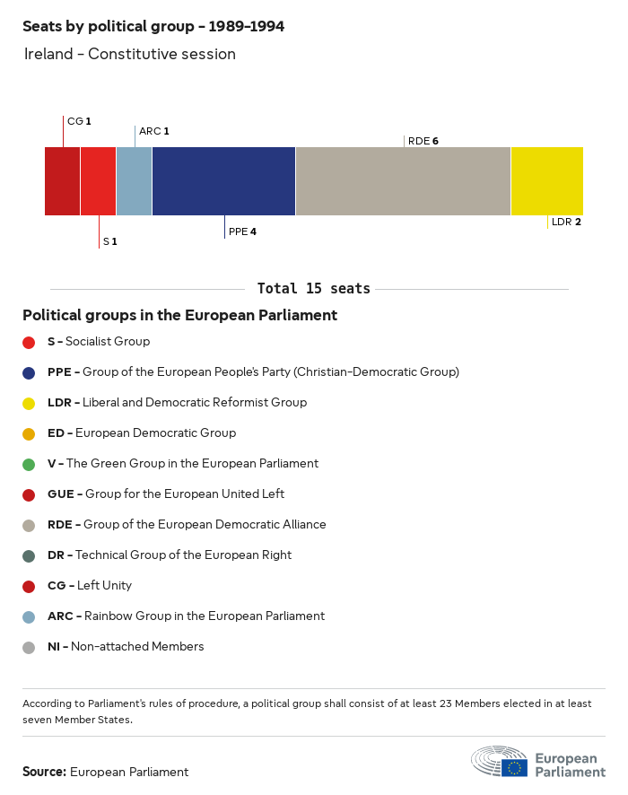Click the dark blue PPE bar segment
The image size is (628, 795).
click(223, 180)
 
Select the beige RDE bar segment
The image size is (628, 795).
click(403, 180)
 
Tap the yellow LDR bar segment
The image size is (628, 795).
click(546, 180)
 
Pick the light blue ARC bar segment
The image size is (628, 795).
click(134, 180)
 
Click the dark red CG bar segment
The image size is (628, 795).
click(62, 180)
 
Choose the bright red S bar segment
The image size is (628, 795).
click(98, 180)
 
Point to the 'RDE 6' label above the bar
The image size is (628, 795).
click(423, 141)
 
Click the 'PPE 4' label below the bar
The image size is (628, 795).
click(242, 232)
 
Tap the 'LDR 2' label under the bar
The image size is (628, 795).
click(566, 222)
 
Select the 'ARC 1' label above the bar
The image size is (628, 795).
click(153, 131)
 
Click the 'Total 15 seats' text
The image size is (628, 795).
click(313, 289)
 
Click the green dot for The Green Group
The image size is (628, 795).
click(29, 464)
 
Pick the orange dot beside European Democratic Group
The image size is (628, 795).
click(29, 433)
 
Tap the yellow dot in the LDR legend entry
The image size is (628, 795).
click(29, 403)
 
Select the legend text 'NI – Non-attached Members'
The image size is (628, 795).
click(126, 647)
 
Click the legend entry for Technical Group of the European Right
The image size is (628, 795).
click(170, 555)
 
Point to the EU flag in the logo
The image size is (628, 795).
click(514, 767)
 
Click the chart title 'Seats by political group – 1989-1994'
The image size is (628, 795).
click(153, 27)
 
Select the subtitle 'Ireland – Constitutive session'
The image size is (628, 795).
click(129, 54)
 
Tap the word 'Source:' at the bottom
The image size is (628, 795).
click(44, 772)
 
